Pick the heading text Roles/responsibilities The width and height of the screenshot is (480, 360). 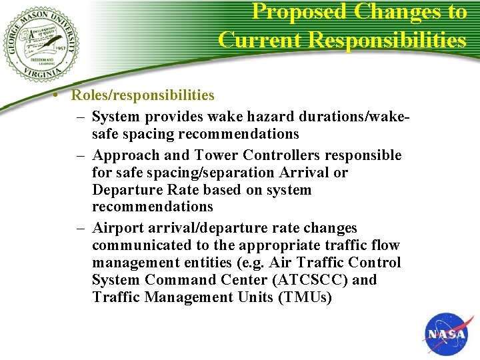143,95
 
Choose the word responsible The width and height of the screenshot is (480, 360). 364,155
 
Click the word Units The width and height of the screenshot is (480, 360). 255,297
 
